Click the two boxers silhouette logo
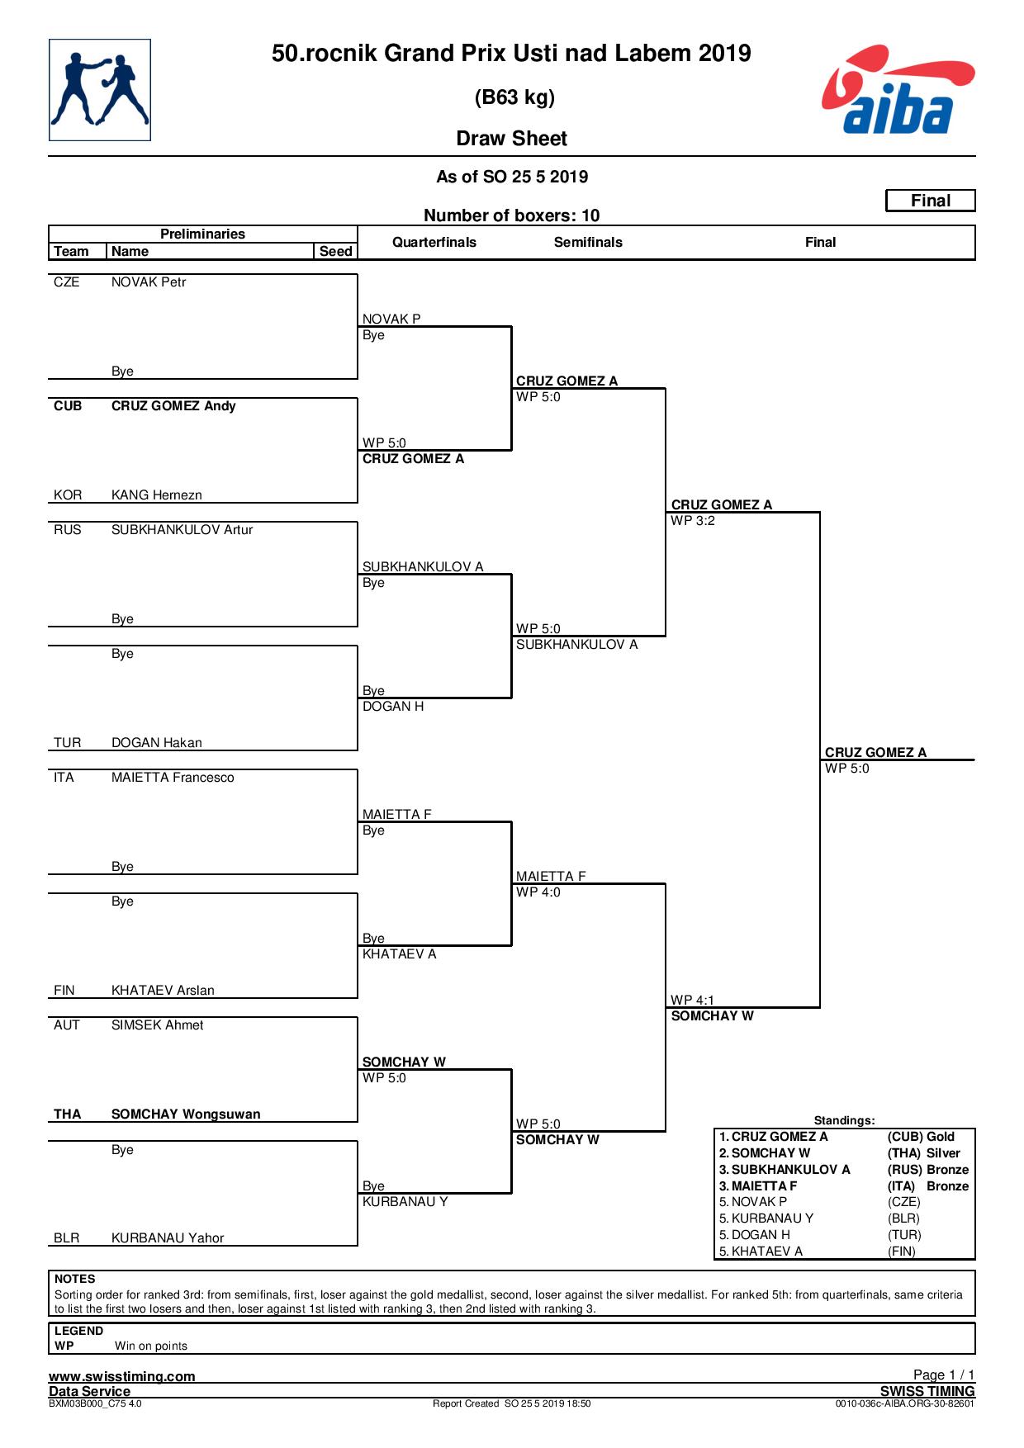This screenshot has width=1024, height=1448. [100, 90]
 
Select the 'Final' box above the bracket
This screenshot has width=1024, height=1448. [931, 201]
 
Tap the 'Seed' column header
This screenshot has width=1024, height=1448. [336, 251]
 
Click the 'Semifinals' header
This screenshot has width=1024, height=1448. [588, 242]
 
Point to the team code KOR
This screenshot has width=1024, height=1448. [68, 494]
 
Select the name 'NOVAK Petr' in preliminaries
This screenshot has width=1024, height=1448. [149, 282]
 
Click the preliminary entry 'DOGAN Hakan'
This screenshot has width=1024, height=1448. [157, 742]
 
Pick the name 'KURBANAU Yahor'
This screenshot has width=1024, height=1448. [168, 1237]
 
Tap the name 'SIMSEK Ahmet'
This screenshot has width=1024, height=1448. [157, 1024]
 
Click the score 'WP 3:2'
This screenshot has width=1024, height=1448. [693, 520]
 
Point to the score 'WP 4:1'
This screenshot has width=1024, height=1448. [693, 1000]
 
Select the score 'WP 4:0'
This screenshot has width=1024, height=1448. [538, 892]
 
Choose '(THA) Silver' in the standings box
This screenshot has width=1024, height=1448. [924, 1153]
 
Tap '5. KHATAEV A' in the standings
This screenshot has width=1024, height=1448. [761, 1251]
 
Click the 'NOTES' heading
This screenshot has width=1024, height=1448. [75, 1279]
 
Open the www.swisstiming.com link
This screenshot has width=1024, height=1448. [122, 1376]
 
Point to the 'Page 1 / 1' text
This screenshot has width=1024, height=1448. [944, 1375]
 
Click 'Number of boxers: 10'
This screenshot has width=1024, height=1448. [512, 215]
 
